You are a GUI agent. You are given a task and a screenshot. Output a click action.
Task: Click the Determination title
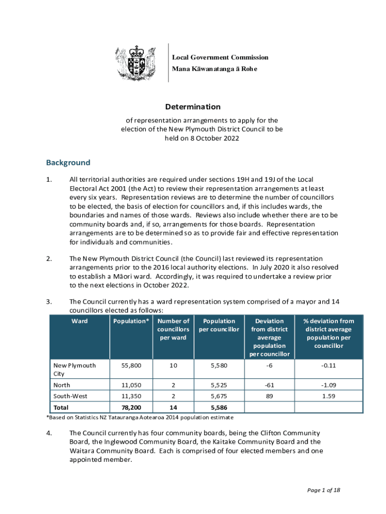[x=193, y=107]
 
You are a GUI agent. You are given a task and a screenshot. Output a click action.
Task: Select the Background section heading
[x=68, y=163]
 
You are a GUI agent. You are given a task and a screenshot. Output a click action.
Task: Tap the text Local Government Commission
[x=220, y=58]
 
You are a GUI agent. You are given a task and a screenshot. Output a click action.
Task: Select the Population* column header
[x=131, y=321]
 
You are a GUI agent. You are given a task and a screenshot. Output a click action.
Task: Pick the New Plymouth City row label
[x=74, y=369]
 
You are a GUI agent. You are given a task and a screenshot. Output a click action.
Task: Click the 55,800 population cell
[x=131, y=366]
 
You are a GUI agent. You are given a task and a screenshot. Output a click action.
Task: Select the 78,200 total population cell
[x=131, y=408]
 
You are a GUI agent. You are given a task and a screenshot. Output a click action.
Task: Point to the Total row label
[x=61, y=408]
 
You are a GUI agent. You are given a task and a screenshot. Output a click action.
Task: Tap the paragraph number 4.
[x=49, y=433]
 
